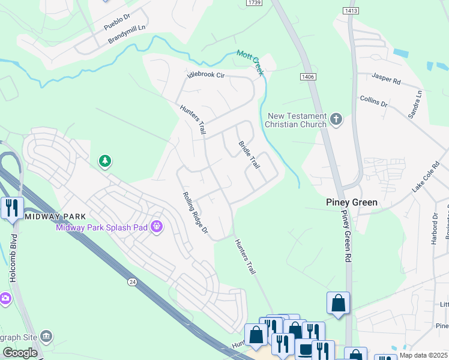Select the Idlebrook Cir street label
point(205,76)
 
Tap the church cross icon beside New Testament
point(336,119)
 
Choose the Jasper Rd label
point(385,77)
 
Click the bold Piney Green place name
point(352,202)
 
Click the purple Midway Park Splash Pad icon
point(157,226)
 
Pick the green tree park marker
point(105,161)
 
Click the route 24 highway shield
point(131,281)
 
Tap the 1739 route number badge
point(254,3)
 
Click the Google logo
point(20,353)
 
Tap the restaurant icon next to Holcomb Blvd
point(12,208)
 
